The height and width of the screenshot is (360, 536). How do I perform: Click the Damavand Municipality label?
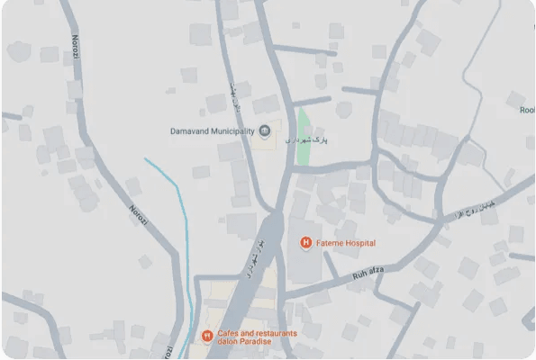213,131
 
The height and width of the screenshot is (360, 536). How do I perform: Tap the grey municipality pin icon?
264,131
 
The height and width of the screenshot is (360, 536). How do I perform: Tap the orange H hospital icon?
305,244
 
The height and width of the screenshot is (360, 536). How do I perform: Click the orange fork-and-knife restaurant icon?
206,337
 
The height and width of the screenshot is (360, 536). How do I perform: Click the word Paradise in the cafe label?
252,341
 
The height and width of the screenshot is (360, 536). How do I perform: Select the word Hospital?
359,244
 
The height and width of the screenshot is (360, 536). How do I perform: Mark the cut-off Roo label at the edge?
526,110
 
